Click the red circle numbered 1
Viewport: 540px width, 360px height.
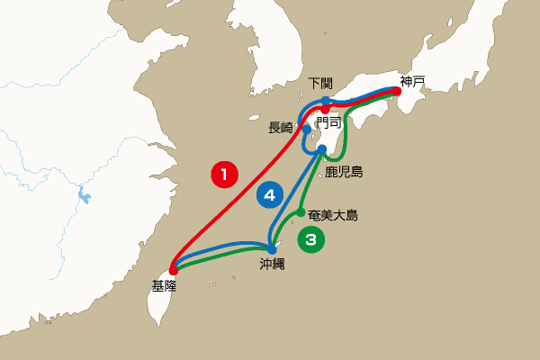(224, 173)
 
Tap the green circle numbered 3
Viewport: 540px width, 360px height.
(310, 238)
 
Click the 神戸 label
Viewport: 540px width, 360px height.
(413, 82)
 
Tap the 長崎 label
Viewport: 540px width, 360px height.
(281, 128)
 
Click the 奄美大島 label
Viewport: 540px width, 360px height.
(333, 215)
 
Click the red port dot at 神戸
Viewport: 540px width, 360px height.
(395, 91)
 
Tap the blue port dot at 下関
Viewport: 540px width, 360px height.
(326, 101)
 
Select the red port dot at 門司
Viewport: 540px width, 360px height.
(325, 109)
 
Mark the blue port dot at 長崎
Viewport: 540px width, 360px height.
(306, 129)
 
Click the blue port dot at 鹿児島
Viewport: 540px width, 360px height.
(321, 149)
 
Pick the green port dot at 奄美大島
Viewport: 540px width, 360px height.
(301, 212)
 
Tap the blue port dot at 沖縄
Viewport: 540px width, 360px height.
(272, 249)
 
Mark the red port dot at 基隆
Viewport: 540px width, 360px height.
(173, 269)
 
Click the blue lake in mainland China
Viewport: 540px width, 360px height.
(82, 193)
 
